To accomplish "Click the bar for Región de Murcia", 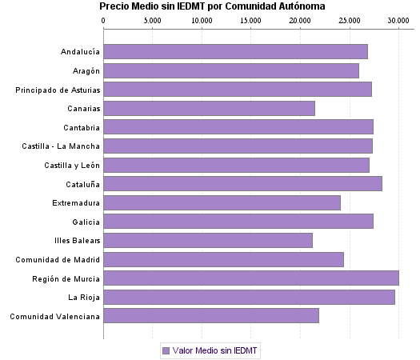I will tap(250, 278).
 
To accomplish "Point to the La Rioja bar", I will tap(249, 297).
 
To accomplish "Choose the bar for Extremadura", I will tap(222, 202).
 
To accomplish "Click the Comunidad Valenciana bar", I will tap(211, 316).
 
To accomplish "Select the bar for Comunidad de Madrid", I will tap(223, 259).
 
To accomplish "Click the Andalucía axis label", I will tap(80, 52).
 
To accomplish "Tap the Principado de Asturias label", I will tap(58, 90).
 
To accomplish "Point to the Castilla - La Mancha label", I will tap(62, 146).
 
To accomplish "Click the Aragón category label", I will tap(85, 71).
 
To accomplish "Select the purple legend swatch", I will tap(166, 350).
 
